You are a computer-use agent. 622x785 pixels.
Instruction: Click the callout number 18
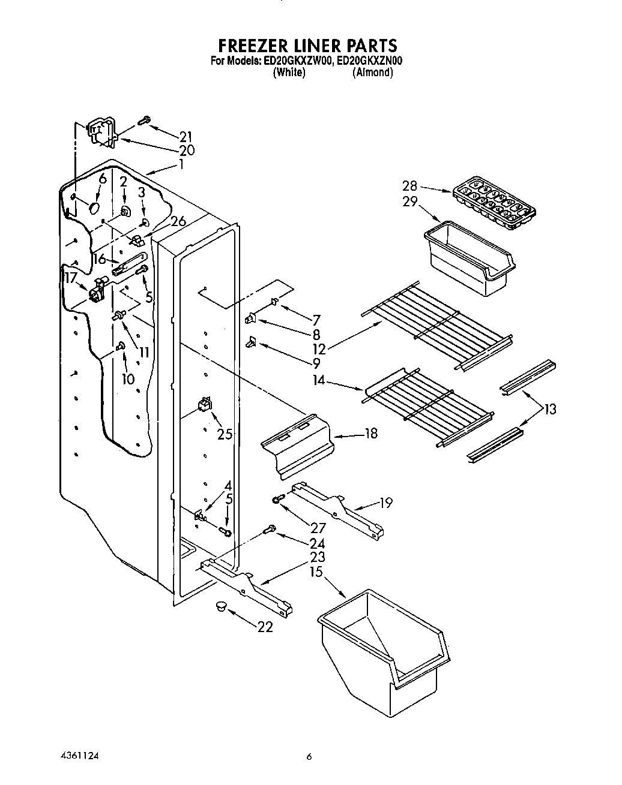pos(370,433)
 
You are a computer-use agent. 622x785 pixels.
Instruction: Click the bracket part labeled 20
pos(100,133)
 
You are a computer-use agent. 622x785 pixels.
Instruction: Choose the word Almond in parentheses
pos(373,73)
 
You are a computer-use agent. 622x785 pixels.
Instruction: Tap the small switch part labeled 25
pos(205,404)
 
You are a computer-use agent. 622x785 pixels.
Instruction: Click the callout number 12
pos(319,348)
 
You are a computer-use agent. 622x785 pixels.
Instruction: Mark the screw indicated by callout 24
pos(270,530)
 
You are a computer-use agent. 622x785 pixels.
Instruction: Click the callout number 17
pos(71,278)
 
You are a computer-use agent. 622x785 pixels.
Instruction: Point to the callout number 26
pos(178,221)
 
